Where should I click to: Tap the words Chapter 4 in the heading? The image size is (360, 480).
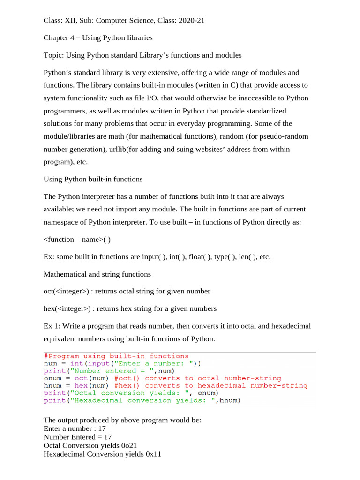[60, 37]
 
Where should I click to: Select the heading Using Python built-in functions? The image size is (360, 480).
[93, 179]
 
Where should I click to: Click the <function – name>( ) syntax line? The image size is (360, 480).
[77, 240]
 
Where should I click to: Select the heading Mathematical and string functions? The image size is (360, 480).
[97, 274]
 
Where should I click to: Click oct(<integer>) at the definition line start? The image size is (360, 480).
[66, 291]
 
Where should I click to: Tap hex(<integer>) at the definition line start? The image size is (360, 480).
[66, 308]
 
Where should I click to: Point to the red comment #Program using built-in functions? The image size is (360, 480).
[116, 356]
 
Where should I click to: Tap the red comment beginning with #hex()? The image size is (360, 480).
[211, 386]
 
